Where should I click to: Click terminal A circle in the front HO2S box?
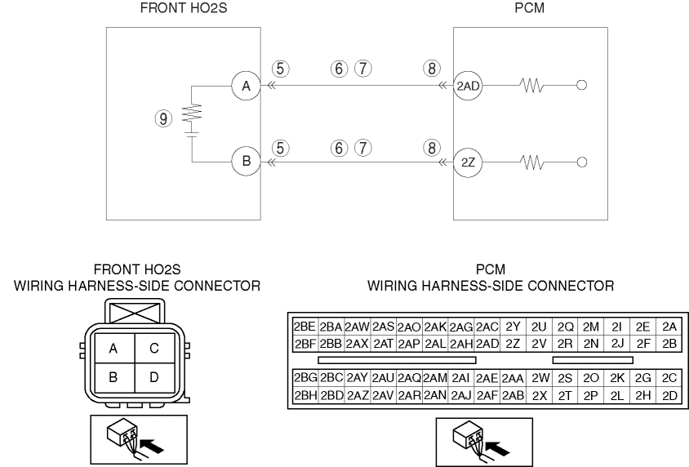pos(245,84)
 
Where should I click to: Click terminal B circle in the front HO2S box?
pos(245,162)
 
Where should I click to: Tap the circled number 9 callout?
pos(165,119)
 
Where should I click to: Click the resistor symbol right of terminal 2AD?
pos(528,84)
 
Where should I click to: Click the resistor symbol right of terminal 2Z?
pos(528,162)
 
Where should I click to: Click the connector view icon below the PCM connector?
pos(483,441)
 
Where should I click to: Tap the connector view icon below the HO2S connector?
pos(137,441)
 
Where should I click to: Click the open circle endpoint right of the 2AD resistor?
pos(580,84)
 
